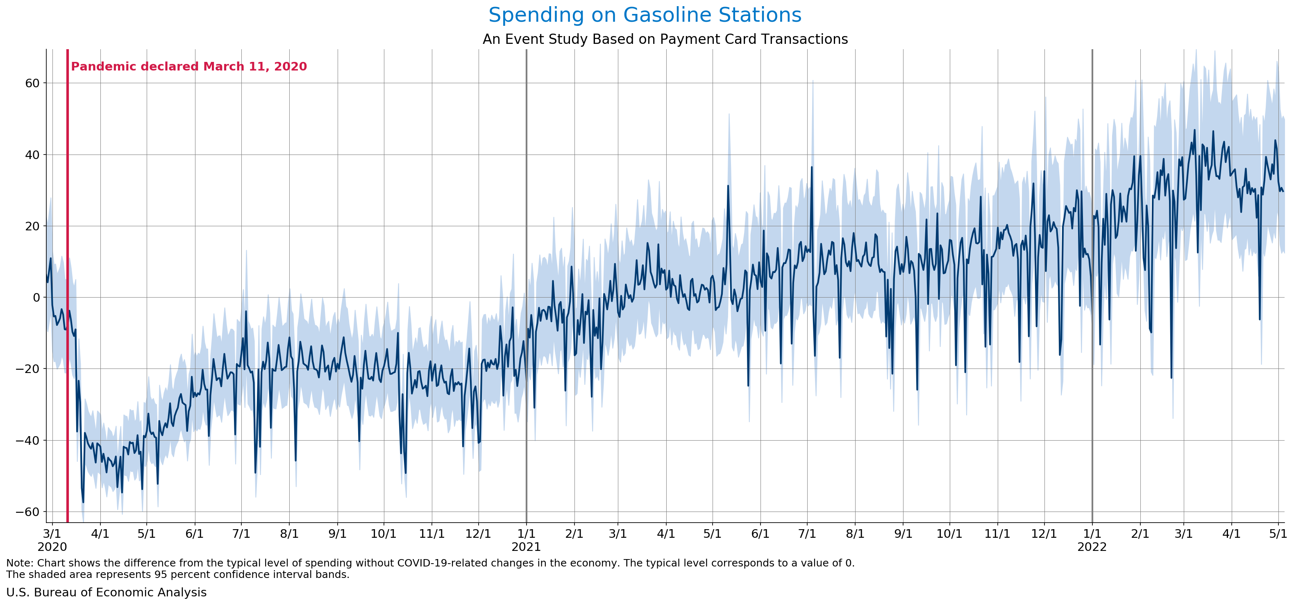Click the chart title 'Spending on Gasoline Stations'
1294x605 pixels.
click(645, 15)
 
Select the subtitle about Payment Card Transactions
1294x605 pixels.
click(665, 39)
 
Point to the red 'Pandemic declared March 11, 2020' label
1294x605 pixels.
click(189, 66)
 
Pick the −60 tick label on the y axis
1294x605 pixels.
click(28, 512)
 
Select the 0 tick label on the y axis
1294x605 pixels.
click(36, 298)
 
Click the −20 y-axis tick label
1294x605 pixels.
click(28, 369)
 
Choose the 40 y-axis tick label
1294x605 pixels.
click(32, 155)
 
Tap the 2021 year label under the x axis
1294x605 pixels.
click(526, 547)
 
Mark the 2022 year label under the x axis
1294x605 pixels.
click(1092, 547)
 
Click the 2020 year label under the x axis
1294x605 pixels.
click(52, 547)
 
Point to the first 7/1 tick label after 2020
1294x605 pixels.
click(242, 533)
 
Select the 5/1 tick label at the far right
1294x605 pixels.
click(1278, 533)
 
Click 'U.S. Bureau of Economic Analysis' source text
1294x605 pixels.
click(107, 592)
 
